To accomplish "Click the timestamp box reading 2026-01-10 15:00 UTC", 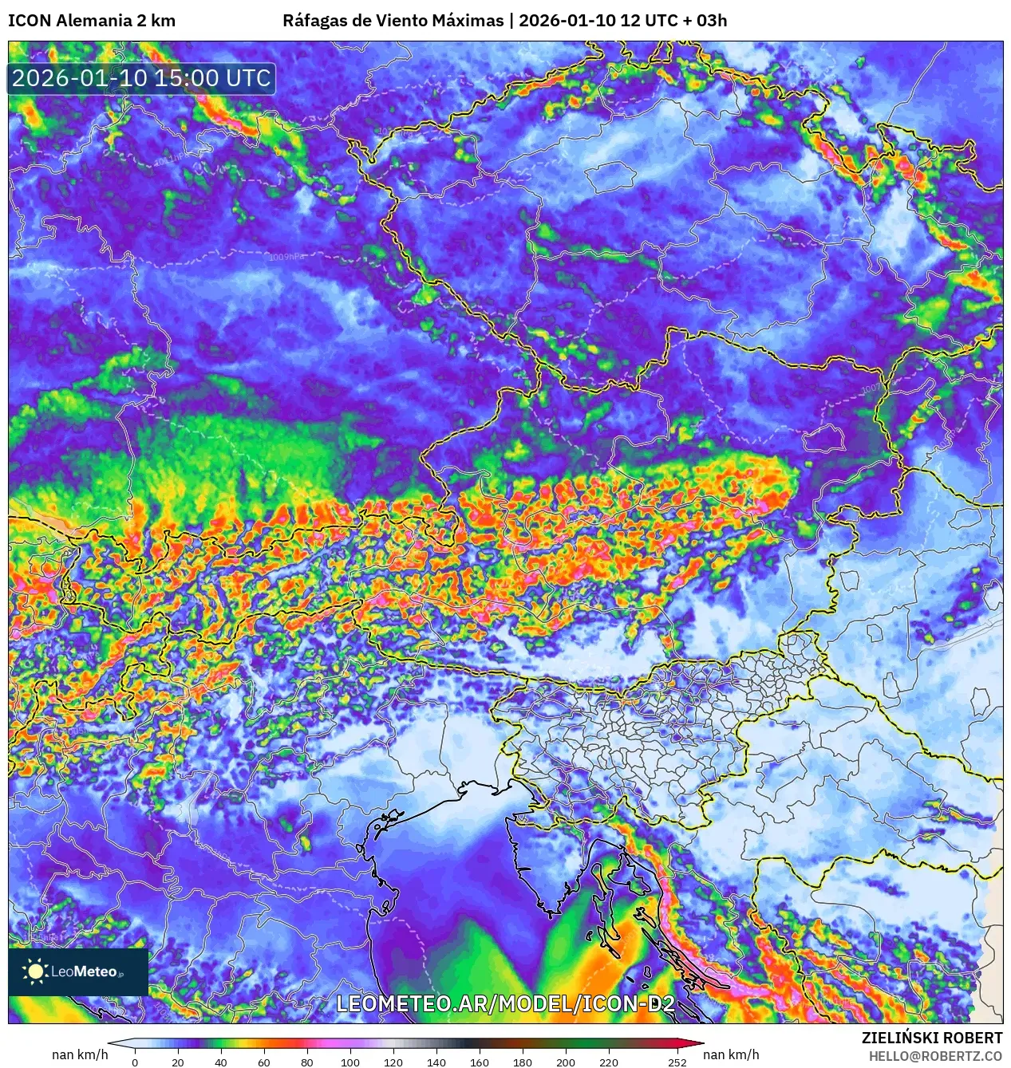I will (x=141, y=79).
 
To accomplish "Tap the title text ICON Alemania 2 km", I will (x=92, y=21).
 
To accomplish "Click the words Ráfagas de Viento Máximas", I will (x=393, y=21).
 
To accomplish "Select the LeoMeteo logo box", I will (x=78, y=971).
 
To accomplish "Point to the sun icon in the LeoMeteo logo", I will (x=35, y=971).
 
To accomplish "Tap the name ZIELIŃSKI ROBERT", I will (x=931, y=1038).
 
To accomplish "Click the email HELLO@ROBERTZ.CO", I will (x=935, y=1056).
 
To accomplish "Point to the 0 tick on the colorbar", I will (x=135, y=1062).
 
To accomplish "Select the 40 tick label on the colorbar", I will (x=221, y=1062).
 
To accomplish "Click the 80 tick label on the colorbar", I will (x=307, y=1062).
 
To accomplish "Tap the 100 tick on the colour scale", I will (x=350, y=1062).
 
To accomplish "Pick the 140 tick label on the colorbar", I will (x=436, y=1062).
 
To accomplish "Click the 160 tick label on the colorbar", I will (x=480, y=1062).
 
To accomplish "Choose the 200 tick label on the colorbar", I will (x=566, y=1062).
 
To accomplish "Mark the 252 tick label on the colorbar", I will (x=677, y=1062).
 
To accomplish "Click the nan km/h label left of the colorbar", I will (x=80, y=1054).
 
